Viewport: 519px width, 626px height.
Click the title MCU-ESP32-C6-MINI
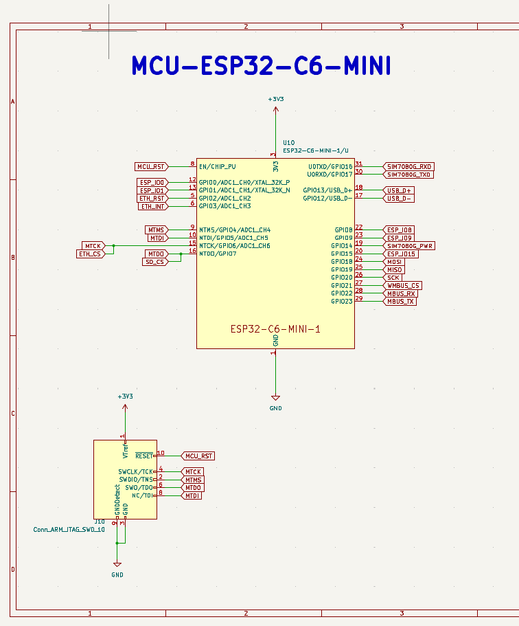[261, 66]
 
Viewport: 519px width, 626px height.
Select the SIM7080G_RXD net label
[409, 166]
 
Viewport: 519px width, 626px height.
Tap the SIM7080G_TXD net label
[409, 175]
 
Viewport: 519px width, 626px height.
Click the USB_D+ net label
[399, 190]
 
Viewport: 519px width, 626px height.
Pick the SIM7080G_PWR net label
[409, 245]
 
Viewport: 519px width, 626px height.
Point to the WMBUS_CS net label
[403, 285]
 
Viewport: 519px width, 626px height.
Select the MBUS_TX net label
[400, 301]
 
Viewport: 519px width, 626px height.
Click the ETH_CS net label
[89, 254]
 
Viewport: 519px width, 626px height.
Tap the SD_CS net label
[154, 262]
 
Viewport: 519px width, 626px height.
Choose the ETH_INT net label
[152, 206]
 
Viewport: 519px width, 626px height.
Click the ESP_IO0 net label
[152, 182]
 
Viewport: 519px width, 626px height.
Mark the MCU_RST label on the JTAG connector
[199, 456]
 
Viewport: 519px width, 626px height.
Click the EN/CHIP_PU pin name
[217, 166]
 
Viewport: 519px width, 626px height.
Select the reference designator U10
[288, 142]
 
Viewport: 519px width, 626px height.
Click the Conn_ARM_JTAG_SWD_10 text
[69, 530]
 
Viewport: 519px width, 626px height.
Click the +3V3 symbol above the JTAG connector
[125, 397]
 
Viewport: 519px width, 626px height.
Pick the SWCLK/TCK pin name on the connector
[136, 471]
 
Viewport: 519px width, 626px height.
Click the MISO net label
[394, 269]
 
